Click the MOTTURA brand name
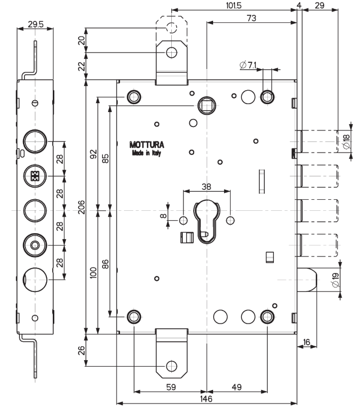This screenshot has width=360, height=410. [146, 145]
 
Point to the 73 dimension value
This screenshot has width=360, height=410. [251, 18]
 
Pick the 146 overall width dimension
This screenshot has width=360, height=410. [206, 399]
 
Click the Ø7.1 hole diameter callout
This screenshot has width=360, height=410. [247, 65]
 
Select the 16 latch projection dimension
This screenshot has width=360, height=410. [307, 342]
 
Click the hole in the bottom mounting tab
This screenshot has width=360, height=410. [171, 364]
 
